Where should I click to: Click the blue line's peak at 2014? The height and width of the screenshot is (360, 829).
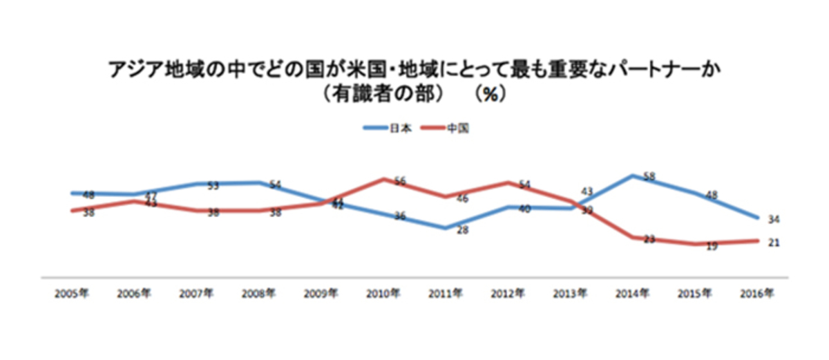pos(632,176)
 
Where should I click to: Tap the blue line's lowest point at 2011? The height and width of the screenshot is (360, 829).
pos(446,227)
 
